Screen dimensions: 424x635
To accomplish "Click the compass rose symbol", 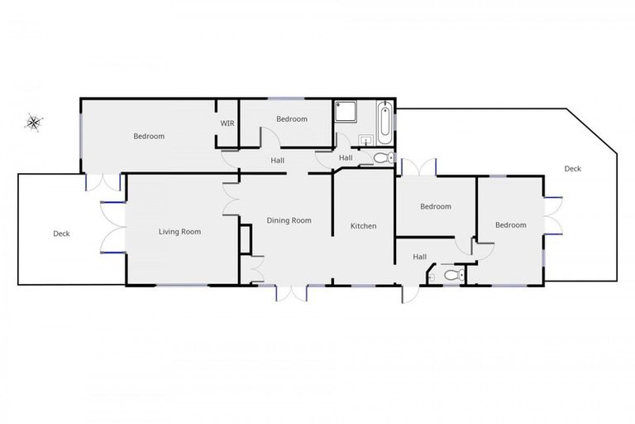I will [33, 123].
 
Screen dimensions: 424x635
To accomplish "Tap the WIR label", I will [227, 123].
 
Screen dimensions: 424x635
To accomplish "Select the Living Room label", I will [180, 232].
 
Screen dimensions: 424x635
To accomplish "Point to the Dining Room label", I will [289, 220].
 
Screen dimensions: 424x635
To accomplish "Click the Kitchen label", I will [363, 226].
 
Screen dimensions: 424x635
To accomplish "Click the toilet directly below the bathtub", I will [382, 157].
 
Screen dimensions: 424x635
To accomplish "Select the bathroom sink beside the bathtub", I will [365, 141].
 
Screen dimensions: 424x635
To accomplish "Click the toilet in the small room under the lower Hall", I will [450, 274].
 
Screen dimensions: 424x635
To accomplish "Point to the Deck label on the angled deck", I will [572, 169].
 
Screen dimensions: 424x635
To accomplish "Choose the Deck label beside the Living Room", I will [61, 234].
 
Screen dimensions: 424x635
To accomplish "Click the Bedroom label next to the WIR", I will [149, 137].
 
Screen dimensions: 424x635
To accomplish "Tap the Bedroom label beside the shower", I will [291, 119].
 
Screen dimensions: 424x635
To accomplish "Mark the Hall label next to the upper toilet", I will [346, 158].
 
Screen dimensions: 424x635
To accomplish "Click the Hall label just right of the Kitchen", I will [420, 258].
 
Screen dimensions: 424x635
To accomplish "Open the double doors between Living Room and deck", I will [112, 226].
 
